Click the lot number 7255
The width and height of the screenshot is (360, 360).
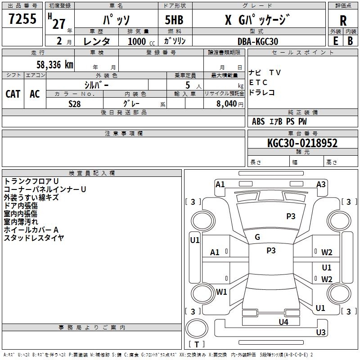point(22,18)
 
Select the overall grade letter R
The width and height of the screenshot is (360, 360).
point(343,21)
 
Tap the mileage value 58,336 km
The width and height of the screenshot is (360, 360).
point(55,65)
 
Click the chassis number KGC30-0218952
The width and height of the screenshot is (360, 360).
point(302,143)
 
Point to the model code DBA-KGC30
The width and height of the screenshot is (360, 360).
point(258,41)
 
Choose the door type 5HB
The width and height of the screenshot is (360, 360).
point(174,20)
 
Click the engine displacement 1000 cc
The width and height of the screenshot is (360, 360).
point(141,41)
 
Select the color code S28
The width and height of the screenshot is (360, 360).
point(75,104)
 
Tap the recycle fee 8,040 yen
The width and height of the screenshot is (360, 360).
point(230,104)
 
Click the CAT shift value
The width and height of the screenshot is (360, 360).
point(13,94)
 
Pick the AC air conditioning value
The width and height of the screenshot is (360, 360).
point(35,94)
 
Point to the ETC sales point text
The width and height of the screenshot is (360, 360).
point(258,82)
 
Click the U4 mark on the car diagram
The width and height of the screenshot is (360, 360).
point(283,322)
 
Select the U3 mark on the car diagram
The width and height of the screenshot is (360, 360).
point(321,332)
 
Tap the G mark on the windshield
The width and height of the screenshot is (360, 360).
point(257,237)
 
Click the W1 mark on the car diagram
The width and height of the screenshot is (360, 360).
point(221,292)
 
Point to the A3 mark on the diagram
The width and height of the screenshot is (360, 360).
point(321,184)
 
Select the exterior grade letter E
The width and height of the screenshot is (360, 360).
point(335,41)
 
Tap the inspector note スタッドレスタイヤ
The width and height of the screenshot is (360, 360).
point(34,238)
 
